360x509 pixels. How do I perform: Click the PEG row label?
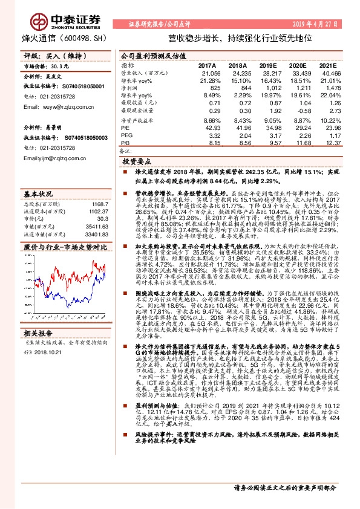pyautogui.click(x=126, y=136)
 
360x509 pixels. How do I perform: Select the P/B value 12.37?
pyautogui.click(x=326, y=143)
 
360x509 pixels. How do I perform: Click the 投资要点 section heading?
pyautogui.click(x=136, y=162)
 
